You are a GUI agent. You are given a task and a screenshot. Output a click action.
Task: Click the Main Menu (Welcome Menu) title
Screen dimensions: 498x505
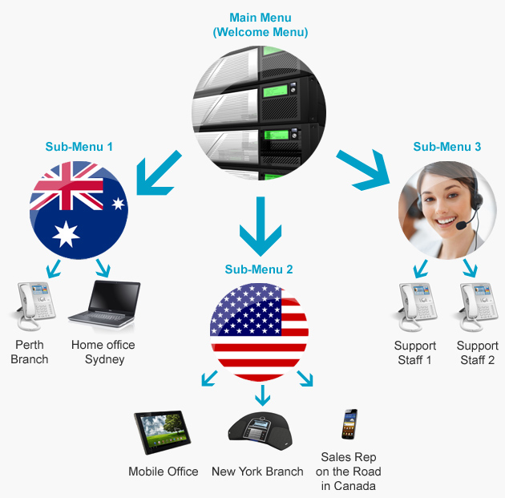[x=261, y=25]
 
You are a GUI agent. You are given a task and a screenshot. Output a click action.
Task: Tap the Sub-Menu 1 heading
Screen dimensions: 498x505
[x=79, y=147]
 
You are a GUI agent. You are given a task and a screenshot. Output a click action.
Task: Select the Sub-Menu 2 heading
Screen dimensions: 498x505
[x=259, y=269]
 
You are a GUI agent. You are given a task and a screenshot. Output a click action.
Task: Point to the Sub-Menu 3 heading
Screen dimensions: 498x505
[x=447, y=147]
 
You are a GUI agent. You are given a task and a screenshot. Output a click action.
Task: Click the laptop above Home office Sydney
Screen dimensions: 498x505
[x=104, y=309]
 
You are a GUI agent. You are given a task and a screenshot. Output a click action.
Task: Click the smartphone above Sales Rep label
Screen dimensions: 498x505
[x=349, y=424]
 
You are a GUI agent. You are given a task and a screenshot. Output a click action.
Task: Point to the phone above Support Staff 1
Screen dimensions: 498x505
[x=414, y=309]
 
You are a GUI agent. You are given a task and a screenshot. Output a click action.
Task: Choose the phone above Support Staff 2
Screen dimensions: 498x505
[x=477, y=309]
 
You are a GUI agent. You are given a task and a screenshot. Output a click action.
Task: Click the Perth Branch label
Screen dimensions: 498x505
[x=30, y=352]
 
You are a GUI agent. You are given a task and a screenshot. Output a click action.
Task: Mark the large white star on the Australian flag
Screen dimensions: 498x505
[x=65, y=233]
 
